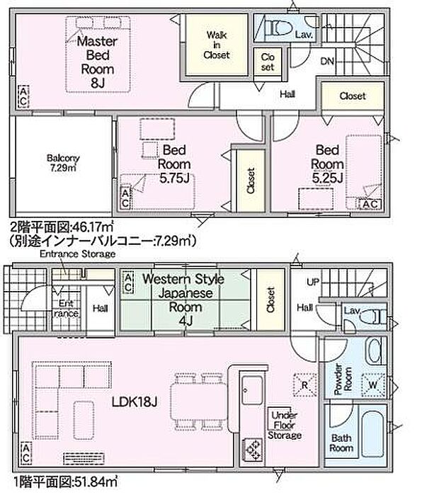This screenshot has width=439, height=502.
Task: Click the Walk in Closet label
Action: tap(217, 44)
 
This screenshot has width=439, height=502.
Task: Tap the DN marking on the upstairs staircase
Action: tap(327, 62)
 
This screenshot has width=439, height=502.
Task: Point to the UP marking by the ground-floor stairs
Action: tap(312, 281)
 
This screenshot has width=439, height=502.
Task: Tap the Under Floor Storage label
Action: tap(283, 424)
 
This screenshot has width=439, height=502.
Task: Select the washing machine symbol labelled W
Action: tap(372, 384)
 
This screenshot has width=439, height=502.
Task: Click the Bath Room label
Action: tap(342, 443)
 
